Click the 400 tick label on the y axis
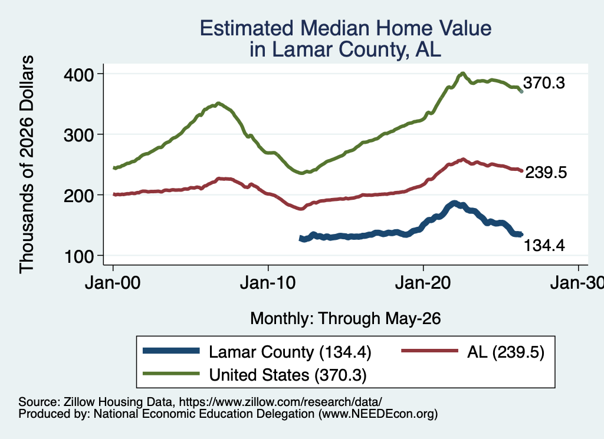click(79, 75)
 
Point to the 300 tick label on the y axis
click(79, 135)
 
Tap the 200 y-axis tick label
click(79, 196)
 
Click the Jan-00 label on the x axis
click(113, 283)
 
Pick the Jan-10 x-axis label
click(268, 283)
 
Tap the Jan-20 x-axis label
click(423, 283)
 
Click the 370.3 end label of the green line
click(544, 82)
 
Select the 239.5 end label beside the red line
click(546, 173)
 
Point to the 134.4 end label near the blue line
click(544, 245)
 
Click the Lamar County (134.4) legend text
click(290, 352)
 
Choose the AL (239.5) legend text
click(505, 352)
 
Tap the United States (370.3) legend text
click(288, 375)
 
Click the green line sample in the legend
click(172, 374)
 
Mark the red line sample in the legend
click(430, 351)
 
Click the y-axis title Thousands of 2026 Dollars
click(27, 164)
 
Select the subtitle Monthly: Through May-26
click(346, 319)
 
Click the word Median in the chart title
click(335, 28)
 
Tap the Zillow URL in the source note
click(280, 402)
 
